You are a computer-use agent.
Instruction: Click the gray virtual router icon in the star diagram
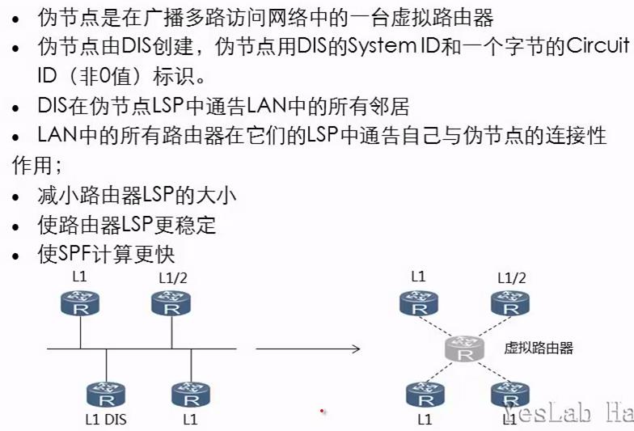[463, 350]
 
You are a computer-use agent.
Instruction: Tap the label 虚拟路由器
[539, 348]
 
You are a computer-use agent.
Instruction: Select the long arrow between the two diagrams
[307, 349]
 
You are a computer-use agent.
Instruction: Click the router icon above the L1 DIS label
[105, 395]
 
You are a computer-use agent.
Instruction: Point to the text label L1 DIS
[105, 420]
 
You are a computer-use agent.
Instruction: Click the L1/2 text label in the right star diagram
[510, 278]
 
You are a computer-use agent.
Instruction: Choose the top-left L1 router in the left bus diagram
[79, 306]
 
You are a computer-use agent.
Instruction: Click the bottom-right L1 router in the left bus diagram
[191, 395]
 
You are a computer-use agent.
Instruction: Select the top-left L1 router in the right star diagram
[418, 306]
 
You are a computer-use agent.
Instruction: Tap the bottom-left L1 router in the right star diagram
[425, 395]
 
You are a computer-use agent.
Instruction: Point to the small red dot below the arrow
[322, 412]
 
